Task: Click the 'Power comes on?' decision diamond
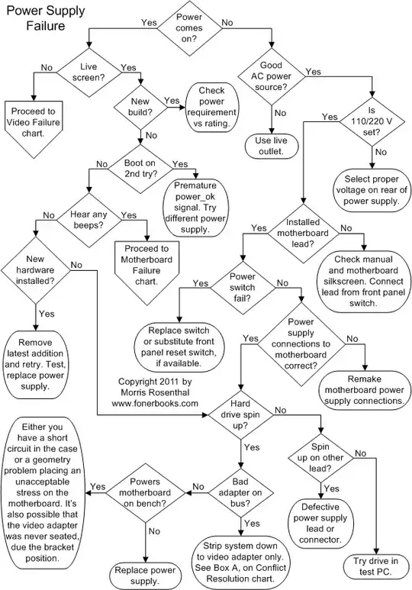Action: tap(189, 27)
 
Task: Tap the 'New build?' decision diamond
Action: tap(140, 107)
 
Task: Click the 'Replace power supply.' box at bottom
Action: tap(145, 572)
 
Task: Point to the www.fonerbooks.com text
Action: tap(156, 402)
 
